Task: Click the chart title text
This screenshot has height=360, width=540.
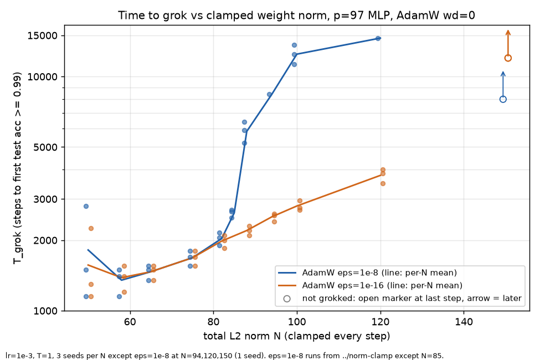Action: pos(296,15)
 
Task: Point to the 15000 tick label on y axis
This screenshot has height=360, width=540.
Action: pos(42,35)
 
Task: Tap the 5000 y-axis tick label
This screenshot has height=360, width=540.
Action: pos(45,147)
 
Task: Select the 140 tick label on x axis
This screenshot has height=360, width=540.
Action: pos(464,322)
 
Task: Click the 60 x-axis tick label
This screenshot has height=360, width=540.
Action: pos(130,322)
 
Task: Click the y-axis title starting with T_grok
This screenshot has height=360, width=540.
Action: pos(17,168)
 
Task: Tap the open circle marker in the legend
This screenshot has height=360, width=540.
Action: pos(287,299)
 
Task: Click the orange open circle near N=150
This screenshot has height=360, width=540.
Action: pos(508,58)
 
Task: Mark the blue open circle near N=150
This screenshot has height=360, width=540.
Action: pos(503,100)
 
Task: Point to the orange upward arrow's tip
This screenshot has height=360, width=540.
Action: pos(508,30)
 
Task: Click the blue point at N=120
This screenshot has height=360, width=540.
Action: pos(378,39)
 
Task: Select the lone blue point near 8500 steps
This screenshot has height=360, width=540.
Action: pos(269,94)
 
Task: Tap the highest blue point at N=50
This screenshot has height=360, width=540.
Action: pos(86,207)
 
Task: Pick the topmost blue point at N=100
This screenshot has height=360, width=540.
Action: pos(294,45)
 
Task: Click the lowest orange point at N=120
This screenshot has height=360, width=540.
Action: pos(383,184)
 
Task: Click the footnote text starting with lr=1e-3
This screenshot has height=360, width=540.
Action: pos(224,356)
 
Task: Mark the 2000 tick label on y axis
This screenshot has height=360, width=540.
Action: pos(45,240)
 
